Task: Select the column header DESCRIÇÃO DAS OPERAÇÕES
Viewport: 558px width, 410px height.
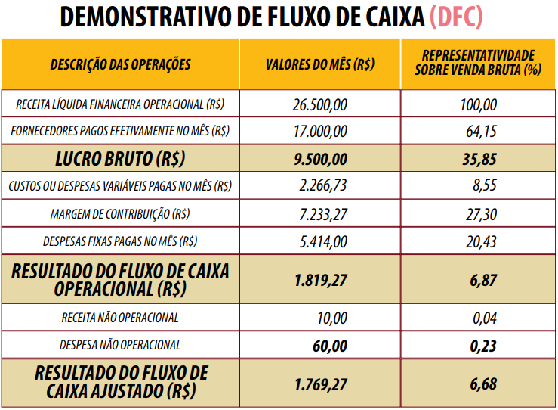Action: (121, 64)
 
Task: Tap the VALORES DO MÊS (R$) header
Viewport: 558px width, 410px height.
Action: (320, 64)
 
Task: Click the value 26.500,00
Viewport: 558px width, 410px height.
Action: (320, 104)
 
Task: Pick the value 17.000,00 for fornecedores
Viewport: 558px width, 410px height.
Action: (320, 131)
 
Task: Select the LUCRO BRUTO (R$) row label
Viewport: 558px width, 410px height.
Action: (121, 159)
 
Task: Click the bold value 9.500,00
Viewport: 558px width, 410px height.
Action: (320, 159)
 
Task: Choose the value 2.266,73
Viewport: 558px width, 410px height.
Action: (323, 186)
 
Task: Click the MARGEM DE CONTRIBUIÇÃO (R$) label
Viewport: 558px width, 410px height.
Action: (121, 214)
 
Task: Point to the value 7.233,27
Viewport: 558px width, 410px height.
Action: (323, 214)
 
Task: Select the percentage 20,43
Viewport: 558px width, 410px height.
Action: (481, 242)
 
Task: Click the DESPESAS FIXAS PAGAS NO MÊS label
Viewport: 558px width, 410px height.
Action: (121, 242)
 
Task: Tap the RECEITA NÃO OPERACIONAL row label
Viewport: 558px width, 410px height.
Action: (121, 318)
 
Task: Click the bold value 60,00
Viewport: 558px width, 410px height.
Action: (329, 346)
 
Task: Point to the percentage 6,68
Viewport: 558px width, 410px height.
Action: (483, 384)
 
